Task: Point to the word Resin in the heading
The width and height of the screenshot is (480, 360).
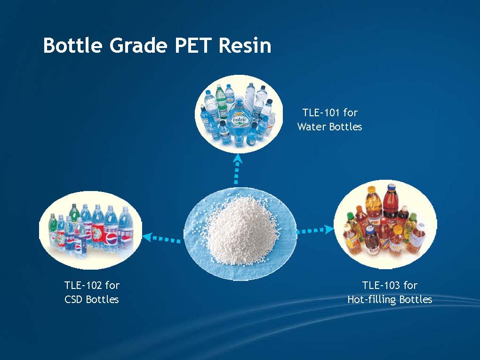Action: (244, 45)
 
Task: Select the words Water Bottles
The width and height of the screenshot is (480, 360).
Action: (329, 127)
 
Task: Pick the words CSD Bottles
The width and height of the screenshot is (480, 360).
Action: (92, 299)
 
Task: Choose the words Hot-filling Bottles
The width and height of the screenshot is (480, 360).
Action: (390, 299)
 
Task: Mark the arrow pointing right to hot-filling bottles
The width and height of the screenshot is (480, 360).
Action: (315, 230)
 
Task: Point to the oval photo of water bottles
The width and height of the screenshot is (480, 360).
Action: (239, 113)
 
